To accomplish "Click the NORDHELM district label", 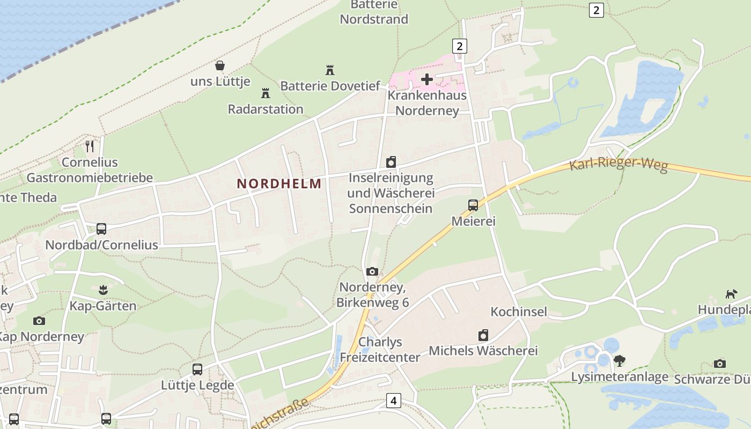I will (279, 183).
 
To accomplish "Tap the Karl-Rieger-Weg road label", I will (618, 164).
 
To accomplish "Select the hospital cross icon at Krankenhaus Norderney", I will (427, 79).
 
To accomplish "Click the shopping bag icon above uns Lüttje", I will (220, 65).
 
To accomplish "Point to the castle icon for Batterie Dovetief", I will (330, 70).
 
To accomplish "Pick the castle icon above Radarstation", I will (265, 93).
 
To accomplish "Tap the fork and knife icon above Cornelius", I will (90, 145).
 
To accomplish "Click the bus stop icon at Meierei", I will (473, 205).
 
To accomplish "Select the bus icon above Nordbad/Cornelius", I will (101, 229).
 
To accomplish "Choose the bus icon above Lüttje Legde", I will (197, 369).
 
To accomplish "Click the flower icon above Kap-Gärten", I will (103, 290).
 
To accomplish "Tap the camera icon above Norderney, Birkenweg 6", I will (372, 271).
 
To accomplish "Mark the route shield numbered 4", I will (394, 400).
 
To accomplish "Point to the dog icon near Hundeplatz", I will (731, 294).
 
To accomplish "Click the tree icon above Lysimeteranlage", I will (620, 360).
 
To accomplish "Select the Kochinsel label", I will (519, 312).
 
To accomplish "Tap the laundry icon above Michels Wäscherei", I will (483, 335).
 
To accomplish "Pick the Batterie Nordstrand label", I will (374, 12).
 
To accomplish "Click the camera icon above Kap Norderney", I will (39, 321).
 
